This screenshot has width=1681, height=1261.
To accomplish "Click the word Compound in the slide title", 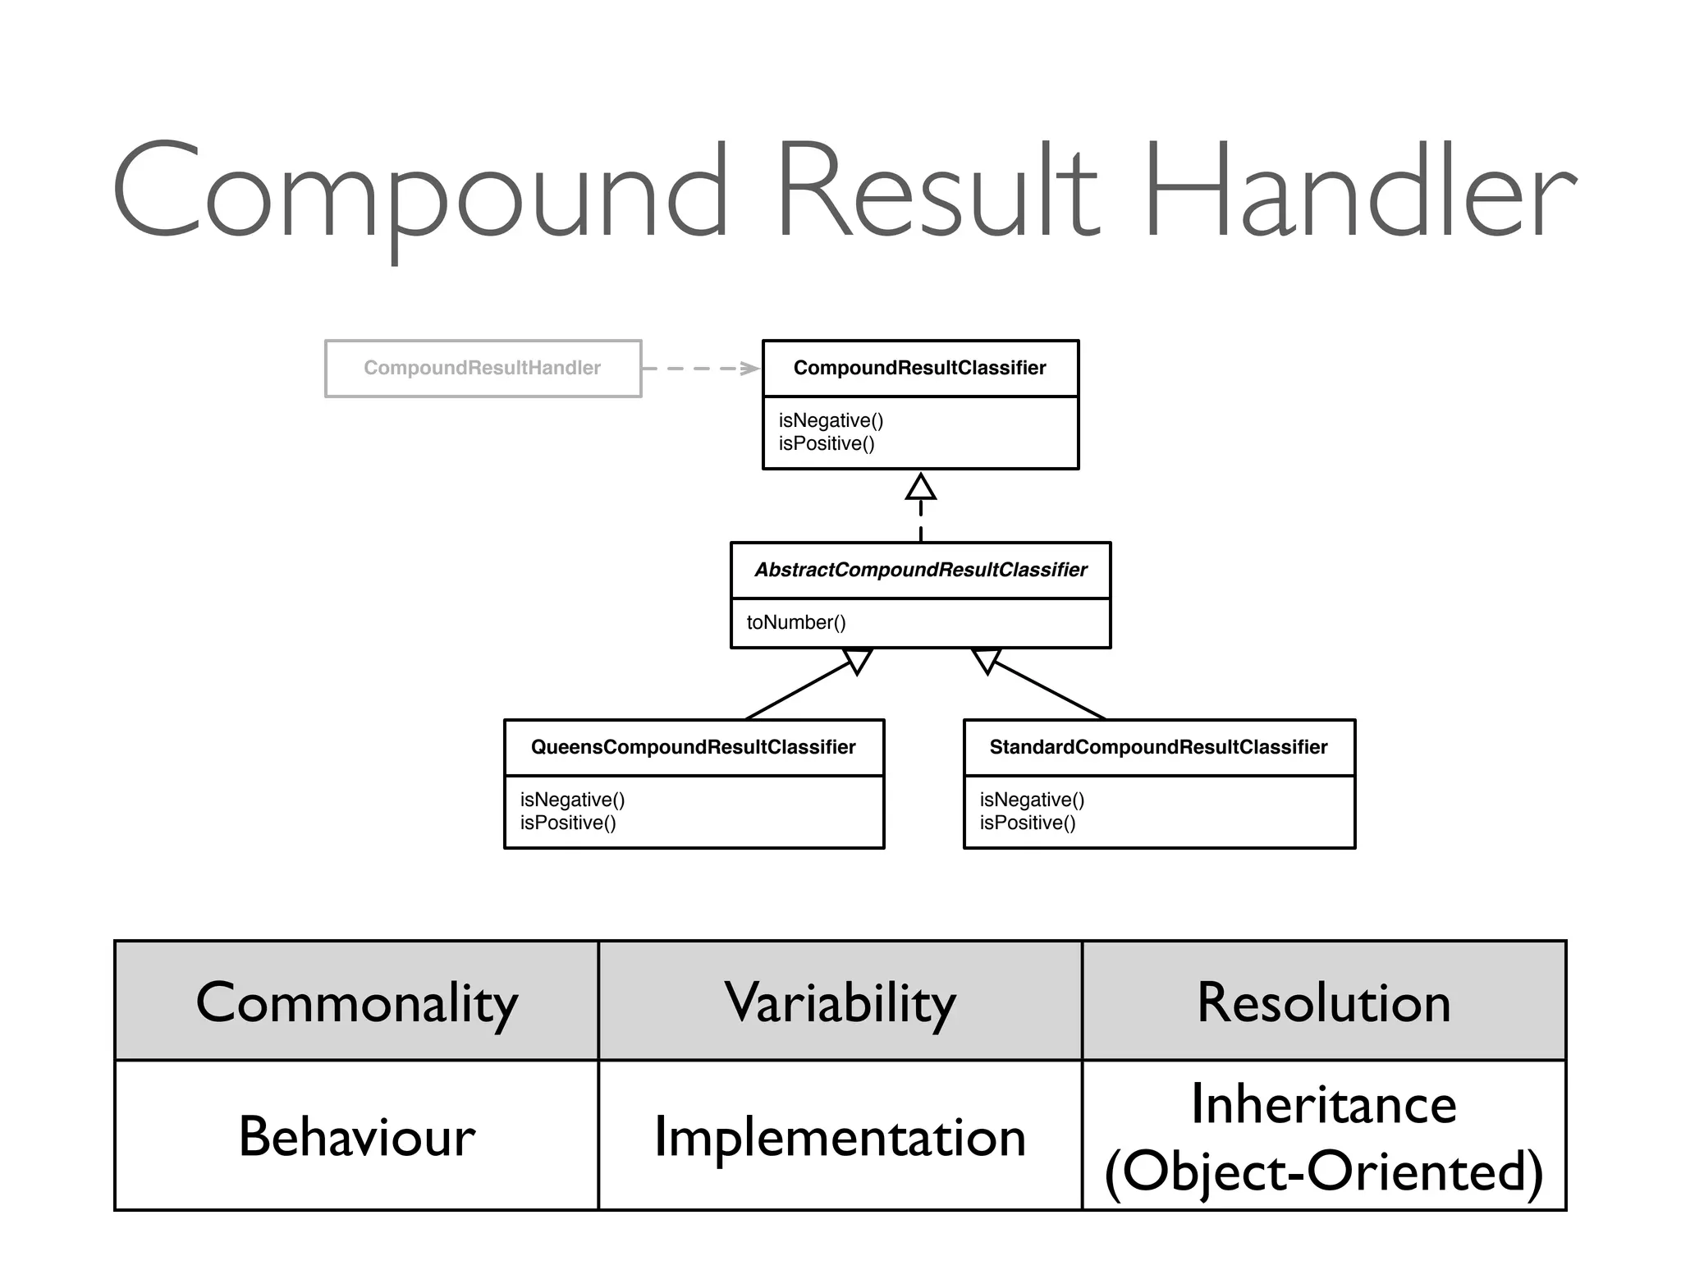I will click(419, 193).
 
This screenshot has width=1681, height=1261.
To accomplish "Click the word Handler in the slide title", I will click(1358, 193).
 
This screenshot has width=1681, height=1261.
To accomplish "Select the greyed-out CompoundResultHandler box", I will click(483, 368).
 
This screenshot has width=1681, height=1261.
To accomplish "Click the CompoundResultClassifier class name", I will click(919, 368).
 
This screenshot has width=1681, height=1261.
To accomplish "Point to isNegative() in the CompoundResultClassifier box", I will click(831, 420).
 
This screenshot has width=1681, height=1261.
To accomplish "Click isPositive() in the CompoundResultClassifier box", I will click(827, 443).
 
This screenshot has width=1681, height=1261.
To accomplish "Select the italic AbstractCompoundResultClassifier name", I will click(920, 570).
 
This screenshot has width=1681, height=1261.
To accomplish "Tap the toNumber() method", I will click(795, 622).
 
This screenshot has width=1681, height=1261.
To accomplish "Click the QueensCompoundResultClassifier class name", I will click(693, 747).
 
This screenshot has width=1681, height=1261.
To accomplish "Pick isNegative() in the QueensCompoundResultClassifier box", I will click(572, 800).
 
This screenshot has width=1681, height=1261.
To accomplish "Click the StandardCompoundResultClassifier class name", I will click(1158, 747).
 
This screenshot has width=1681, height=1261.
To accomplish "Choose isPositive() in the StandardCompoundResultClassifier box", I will click(1027, 823).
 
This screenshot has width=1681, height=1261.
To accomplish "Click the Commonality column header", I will click(356, 1002).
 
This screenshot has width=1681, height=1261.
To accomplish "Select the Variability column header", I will click(840, 1002).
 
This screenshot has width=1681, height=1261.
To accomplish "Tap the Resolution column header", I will click(1323, 1002).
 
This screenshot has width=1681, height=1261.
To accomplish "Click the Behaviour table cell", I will click(356, 1136).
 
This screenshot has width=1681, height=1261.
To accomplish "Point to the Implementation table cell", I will click(840, 1138).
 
